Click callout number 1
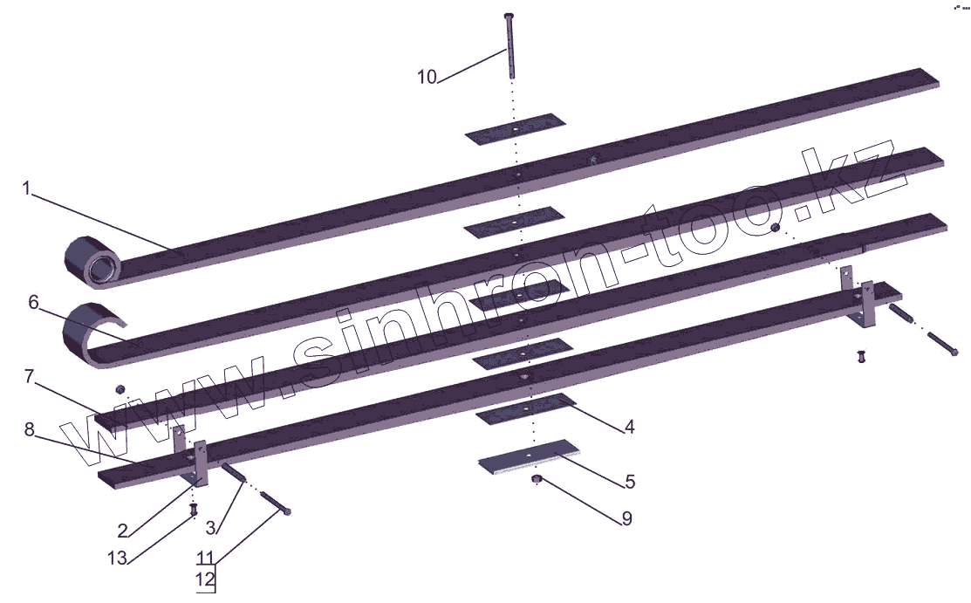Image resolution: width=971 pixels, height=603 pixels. coord(26,188)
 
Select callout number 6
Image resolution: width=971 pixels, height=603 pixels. coord(33,303)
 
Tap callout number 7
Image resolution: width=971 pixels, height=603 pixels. coord(29,376)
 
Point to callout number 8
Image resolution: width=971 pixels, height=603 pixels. coord(29,428)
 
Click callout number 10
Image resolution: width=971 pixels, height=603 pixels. coord(427,77)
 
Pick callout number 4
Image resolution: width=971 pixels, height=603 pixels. coord(629,427)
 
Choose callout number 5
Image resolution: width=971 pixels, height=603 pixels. coord(630,481)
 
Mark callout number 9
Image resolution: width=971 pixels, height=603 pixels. coord(626,518)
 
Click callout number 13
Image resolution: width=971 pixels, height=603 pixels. coord(117,558)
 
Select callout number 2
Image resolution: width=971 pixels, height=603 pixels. coord(123,531)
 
